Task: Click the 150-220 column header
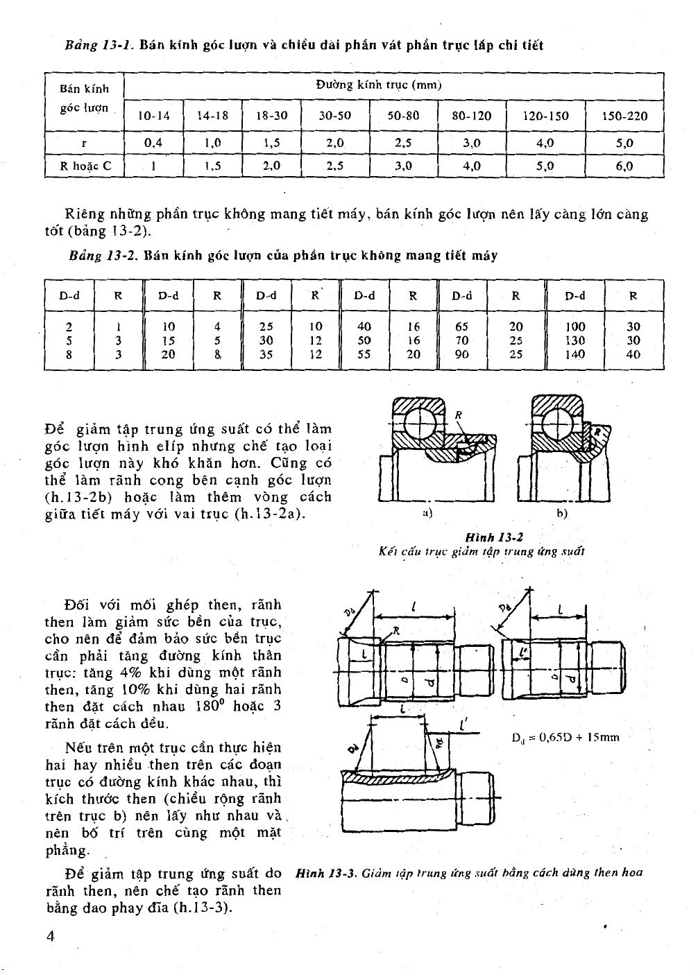click(625, 116)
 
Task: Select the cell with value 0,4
click(153, 144)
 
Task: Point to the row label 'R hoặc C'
click(83, 166)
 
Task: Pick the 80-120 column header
click(472, 116)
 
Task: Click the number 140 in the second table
click(575, 355)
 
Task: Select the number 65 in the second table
click(462, 327)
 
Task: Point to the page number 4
click(49, 936)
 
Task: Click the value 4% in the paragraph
click(131, 673)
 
